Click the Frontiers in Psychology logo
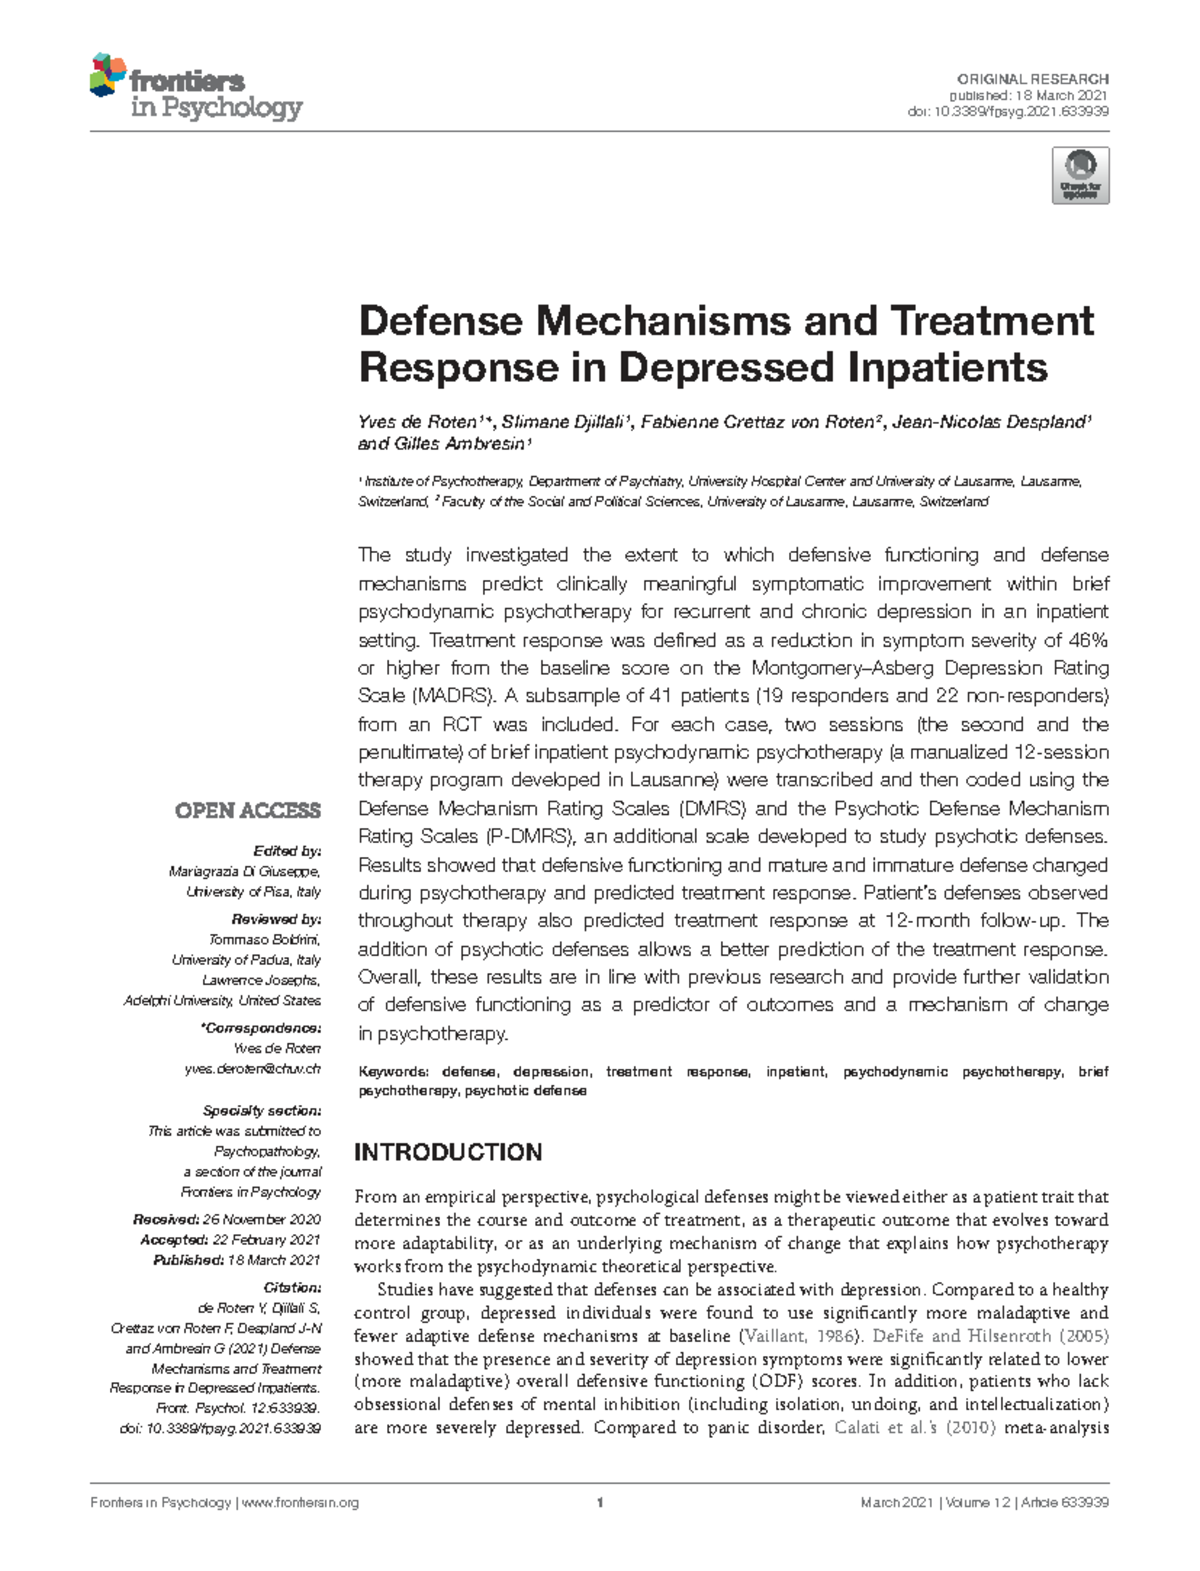pyautogui.click(x=196, y=88)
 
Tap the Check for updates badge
pyautogui.click(x=1080, y=176)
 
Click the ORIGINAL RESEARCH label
pyautogui.click(x=1032, y=79)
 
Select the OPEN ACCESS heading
pyautogui.click(x=248, y=811)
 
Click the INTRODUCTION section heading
pyautogui.click(x=448, y=1152)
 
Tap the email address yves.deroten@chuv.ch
pyautogui.click(x=252, y=1069)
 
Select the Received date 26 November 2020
pyautogui.click(x=261, y=1220)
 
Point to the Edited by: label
pyautogui.click(x=287, y=851)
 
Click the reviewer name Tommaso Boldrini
pyautogui.click(x=264, y=939)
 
